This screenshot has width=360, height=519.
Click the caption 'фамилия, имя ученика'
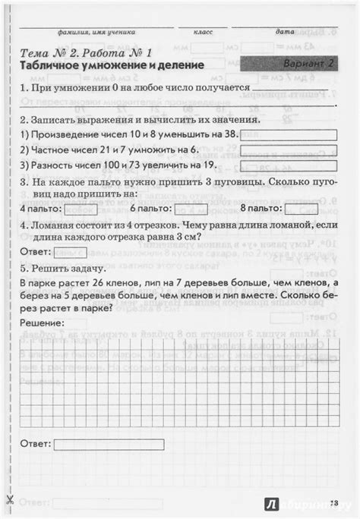click(96, 33)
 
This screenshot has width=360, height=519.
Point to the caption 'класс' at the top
click(204, 33)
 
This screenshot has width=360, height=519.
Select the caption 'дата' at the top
click(285, 33)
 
